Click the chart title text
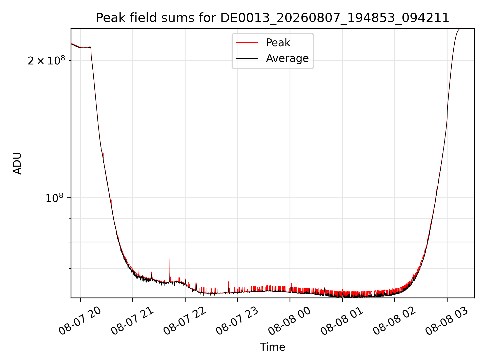[273, 18]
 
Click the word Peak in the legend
[278, 43]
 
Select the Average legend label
[287, 58]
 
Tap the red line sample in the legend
[247, 43]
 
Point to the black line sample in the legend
[247, 58]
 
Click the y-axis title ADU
[17, 163]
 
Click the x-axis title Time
[273, 347]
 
